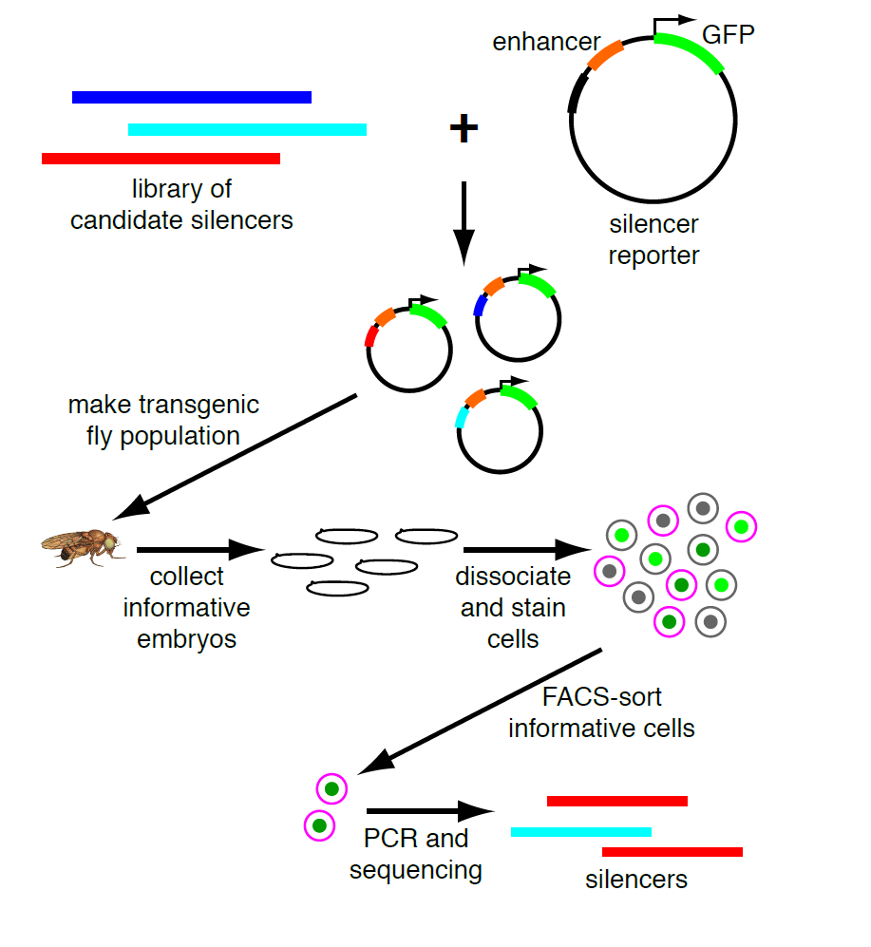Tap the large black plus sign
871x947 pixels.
pos(463,128)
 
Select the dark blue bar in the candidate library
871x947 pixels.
pos(191,97)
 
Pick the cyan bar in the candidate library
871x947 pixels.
pos(247,129)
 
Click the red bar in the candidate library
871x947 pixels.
pos(161,159)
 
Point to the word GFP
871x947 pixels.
pos(729,36)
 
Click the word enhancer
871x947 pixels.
pos(546,42)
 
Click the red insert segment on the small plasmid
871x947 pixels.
pos(370,334)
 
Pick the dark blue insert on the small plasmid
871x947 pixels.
pos(481,304)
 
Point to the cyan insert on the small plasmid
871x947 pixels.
pos(463,415)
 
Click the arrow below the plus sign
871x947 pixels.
pos(463,222)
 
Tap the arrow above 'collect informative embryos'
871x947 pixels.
pos(199,549)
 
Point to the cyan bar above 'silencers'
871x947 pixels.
pos(580,832)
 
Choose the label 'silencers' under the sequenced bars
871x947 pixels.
pos(635,880)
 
